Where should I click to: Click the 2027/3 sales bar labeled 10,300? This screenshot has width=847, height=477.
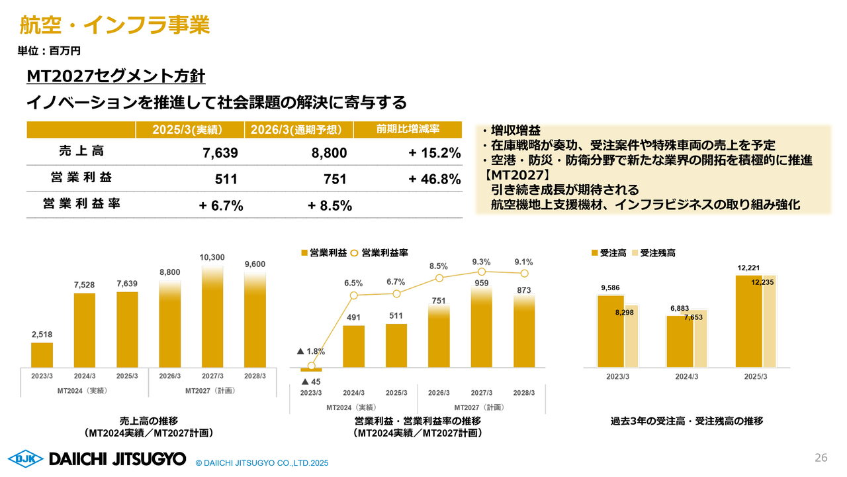coord(212,317)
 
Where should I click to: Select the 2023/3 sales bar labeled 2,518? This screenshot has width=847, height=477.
coord(42,355)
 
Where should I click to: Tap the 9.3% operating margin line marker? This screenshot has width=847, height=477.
coord(481,272)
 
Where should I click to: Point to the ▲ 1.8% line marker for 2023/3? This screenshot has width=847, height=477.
coord(311,366)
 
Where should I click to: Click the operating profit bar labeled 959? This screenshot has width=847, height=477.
coord(481,327)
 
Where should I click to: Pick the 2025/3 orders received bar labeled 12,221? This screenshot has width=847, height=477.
coord(748,321)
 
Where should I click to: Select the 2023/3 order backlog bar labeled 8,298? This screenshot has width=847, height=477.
coord(631,336)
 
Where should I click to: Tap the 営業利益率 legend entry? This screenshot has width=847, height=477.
coord(379,253)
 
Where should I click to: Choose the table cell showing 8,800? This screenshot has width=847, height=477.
coord(329,153)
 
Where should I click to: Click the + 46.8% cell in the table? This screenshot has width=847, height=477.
coord(435,179)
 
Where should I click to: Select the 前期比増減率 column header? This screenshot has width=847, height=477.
coord(408,129)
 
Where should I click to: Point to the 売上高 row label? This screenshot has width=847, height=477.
coord(81,151)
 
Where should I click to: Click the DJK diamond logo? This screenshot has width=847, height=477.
coord(26,459)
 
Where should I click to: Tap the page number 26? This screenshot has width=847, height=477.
coord(821,458)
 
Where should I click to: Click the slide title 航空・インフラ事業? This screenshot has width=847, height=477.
coord(114,25)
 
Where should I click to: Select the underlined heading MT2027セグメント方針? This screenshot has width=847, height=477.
coord(116,76)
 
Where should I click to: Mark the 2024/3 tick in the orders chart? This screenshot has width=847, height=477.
coord(687,377)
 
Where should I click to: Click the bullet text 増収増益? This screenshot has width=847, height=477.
coord(515,131)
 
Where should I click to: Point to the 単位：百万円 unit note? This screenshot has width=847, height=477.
coord(49,51)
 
